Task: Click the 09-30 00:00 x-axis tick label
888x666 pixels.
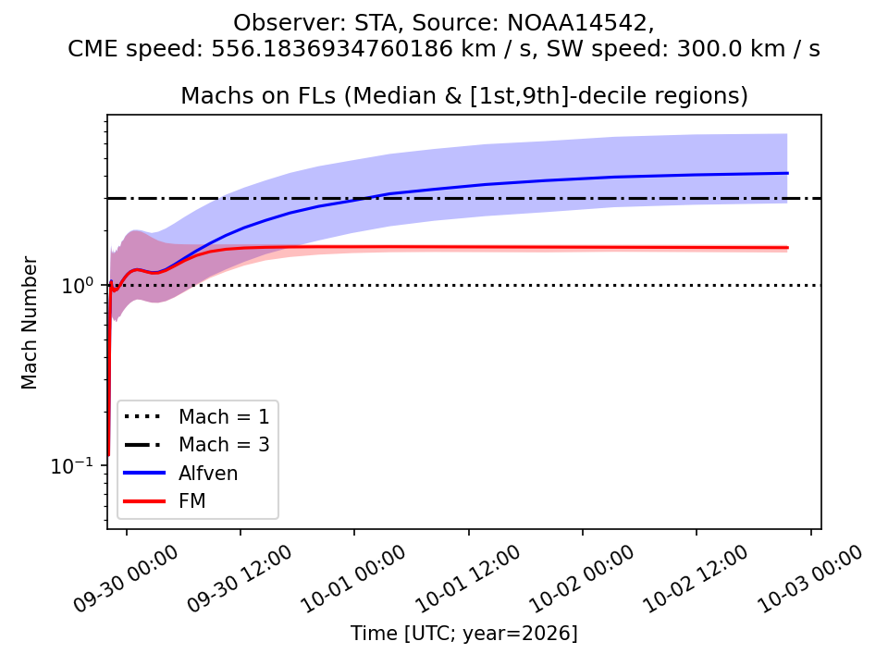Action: [126, 578]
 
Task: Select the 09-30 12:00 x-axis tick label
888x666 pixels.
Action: [240, 578]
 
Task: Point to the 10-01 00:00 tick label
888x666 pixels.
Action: [353, 578]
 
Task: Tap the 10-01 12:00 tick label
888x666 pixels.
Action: [468, 578]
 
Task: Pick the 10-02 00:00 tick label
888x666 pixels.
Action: [582, 578]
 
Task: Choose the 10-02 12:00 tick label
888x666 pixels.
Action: [696, 578]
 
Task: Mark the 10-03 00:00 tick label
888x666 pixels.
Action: [810, 578]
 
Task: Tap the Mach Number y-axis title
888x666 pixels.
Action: [29, 323]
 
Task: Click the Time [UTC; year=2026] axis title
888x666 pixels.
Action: [463, 633]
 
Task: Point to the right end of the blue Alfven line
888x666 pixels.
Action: [788, 173]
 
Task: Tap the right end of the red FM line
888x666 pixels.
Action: [788, 248]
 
